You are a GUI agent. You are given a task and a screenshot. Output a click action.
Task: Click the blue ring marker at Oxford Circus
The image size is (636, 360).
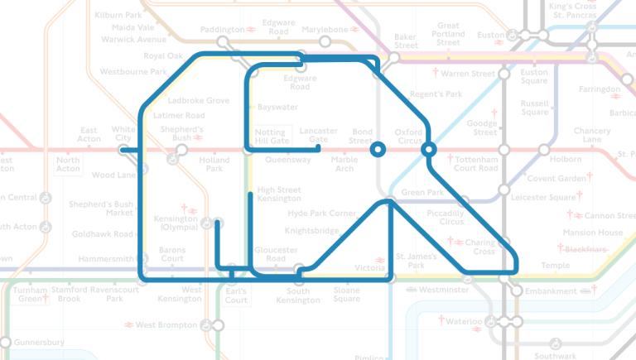(x=428, y=150)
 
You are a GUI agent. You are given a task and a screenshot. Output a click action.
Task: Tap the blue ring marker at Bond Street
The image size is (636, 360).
(x=378, y=150)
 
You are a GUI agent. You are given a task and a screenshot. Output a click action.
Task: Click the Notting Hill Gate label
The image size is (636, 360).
(x=272, y=137)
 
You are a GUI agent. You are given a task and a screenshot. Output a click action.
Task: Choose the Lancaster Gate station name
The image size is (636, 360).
(x=318, y=135)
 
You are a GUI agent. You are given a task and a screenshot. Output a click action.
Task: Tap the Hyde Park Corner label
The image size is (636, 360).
(x=321, y=214)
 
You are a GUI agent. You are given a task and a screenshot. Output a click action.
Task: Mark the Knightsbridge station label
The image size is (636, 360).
(x=312, y=231)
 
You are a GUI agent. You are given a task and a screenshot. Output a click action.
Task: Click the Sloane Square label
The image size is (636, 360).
(x=346, y=295)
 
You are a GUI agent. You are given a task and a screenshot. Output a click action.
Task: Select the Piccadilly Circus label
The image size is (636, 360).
(x=446, y=218)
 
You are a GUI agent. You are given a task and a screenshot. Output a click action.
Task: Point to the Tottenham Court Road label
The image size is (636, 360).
(x=476, y=163)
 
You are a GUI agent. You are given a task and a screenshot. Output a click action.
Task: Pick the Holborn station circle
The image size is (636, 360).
(x=543, y=150)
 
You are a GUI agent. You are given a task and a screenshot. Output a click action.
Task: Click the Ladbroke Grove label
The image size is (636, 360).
(x=198, y=101)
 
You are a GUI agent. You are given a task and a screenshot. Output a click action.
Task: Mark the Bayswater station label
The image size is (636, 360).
(x=277, y=108)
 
